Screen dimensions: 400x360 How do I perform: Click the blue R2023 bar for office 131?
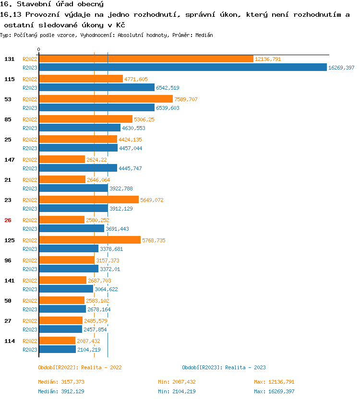182,68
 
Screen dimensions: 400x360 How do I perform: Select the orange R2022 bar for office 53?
106,99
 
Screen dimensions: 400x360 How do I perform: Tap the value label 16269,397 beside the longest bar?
341,68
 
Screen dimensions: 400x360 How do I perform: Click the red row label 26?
8,220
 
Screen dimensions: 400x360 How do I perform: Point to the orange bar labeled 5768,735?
90,240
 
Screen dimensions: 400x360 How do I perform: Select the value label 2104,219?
89,350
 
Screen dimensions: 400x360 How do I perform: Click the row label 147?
9,160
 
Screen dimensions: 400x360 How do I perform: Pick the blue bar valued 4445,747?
78,168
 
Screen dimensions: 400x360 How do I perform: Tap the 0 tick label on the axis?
39,50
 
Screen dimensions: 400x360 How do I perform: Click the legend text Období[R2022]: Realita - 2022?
80,367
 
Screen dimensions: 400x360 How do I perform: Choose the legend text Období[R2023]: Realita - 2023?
224,367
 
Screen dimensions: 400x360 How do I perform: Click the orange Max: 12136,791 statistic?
274,382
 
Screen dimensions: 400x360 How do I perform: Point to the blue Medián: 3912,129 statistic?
61,391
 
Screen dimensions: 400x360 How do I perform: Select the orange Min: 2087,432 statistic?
177,382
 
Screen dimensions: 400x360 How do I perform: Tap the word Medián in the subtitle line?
204,35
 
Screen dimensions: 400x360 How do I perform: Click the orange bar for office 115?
81,79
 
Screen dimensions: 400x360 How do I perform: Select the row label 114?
9,341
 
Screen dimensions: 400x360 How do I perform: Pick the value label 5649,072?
152,200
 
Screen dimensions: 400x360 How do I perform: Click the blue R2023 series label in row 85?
30,128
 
